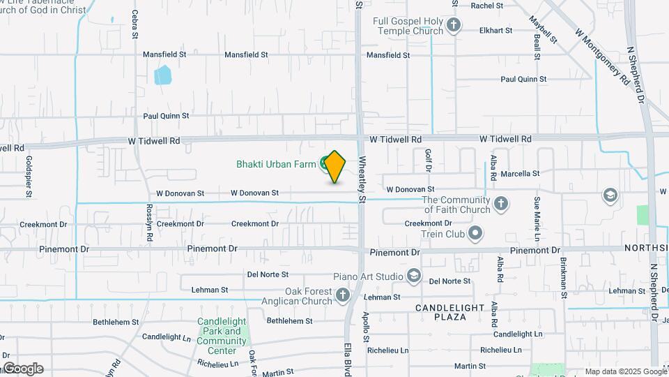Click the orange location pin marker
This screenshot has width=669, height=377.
(335, 166)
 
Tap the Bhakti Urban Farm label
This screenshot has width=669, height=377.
(277, 165)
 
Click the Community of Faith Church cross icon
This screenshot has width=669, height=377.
(500, 205)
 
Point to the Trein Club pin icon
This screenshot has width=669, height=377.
(476, 232)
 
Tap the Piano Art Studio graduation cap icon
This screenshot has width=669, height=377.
(414, 277)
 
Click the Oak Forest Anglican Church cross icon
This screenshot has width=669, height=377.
(342, 296)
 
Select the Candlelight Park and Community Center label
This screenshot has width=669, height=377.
(222, 332)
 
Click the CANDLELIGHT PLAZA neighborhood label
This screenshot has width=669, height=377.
(450, 312)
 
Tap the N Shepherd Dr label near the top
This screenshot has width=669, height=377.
(635, 75)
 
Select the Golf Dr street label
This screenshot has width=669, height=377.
(429, 160)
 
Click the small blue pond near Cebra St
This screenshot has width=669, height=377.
(162, 75)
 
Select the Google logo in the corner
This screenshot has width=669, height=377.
(23, 369)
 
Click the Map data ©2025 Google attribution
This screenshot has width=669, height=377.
(626, 371)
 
